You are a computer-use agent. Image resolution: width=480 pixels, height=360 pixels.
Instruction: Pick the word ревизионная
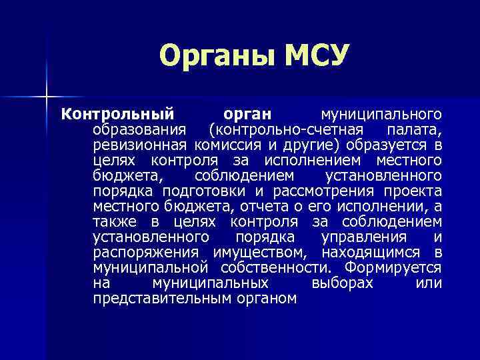pyautogui.click(x=140, y=144)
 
